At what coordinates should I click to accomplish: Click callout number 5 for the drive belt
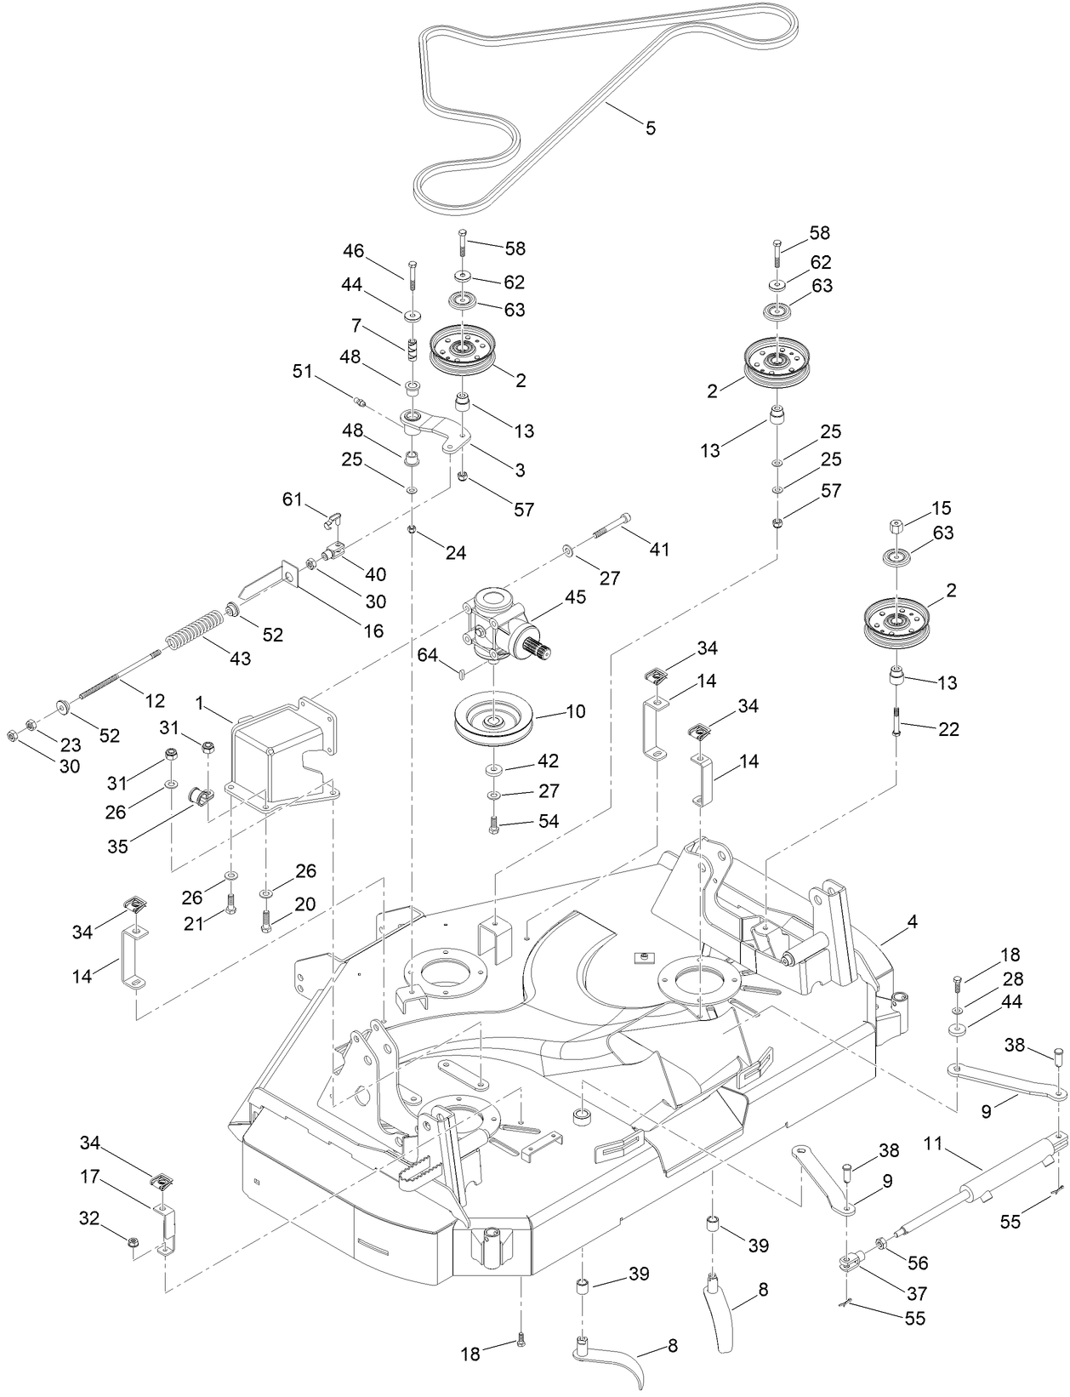[x=651, y=128]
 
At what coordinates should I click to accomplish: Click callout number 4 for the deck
[x=912, y=921]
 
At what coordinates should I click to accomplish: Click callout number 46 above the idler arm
[x=354, y=251]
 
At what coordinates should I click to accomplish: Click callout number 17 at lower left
[x=91, y=1177]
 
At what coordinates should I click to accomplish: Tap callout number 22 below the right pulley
[x=948, y=729]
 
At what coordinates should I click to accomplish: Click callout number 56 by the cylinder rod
[x=918, y=1263]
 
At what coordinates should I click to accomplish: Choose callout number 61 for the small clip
[x=293, y=499]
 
